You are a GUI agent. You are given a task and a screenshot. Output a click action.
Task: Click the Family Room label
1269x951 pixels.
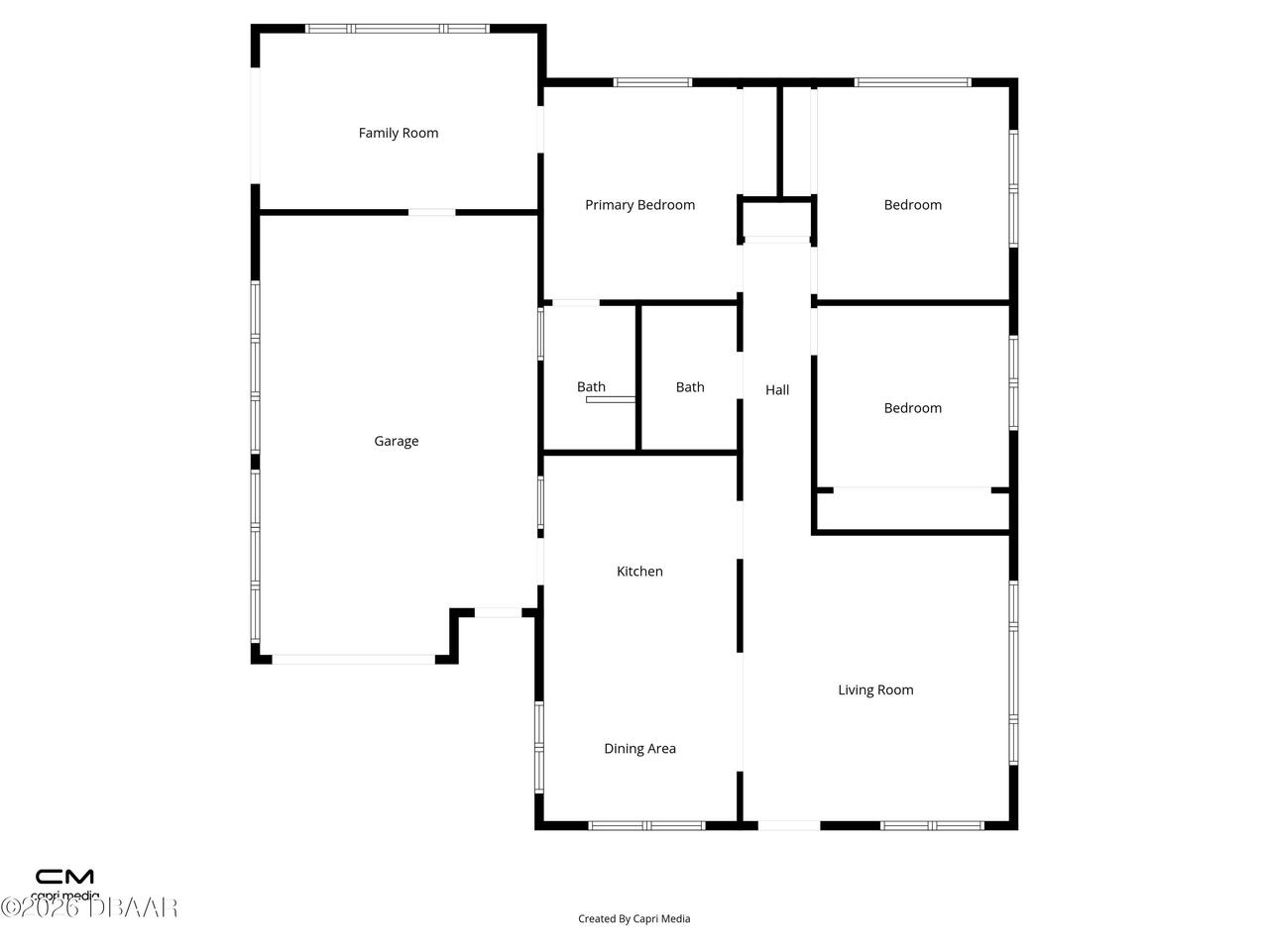click(398, 133)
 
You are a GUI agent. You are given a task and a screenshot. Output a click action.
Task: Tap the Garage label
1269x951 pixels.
click(396, 441)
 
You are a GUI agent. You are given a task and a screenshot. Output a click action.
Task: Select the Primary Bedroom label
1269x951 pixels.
click(639, 205)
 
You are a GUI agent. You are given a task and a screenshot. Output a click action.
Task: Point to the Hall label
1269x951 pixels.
click(777, 390)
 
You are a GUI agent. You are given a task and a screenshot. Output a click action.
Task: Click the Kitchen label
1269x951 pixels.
click(639, 572)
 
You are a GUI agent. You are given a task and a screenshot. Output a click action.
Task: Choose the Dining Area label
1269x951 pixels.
click(639, 749)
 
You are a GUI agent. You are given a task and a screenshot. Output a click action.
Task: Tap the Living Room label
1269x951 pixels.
click(875, 690)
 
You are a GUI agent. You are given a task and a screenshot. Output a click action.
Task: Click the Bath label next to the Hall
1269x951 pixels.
click(690, 387)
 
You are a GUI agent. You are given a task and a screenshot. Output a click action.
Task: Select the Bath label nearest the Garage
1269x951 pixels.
click(591, 387)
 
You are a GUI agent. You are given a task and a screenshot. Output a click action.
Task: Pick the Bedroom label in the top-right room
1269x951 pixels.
click(912, 205)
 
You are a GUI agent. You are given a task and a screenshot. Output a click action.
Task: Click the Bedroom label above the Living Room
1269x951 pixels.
click(912, 408)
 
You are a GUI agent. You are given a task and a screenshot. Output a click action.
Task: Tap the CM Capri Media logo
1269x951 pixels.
click(65, 883)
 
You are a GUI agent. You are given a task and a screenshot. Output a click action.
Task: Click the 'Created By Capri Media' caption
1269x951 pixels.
click(634, 919)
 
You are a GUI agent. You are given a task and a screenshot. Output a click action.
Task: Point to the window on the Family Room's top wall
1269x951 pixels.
click(397, 29)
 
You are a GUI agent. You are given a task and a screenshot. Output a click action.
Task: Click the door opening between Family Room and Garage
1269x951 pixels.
click(432, 212)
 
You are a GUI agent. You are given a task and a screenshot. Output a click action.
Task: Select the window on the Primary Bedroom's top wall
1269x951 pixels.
click(652, 82)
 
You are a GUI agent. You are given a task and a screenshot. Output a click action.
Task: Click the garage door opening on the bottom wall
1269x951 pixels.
click(353, 659)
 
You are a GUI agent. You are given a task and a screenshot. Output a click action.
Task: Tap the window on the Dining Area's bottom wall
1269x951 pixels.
click(646, 825)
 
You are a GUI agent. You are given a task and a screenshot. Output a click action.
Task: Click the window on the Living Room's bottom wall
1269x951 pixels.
click(932, 825)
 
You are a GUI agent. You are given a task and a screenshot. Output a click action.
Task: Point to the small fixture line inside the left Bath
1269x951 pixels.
click(611, 400)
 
